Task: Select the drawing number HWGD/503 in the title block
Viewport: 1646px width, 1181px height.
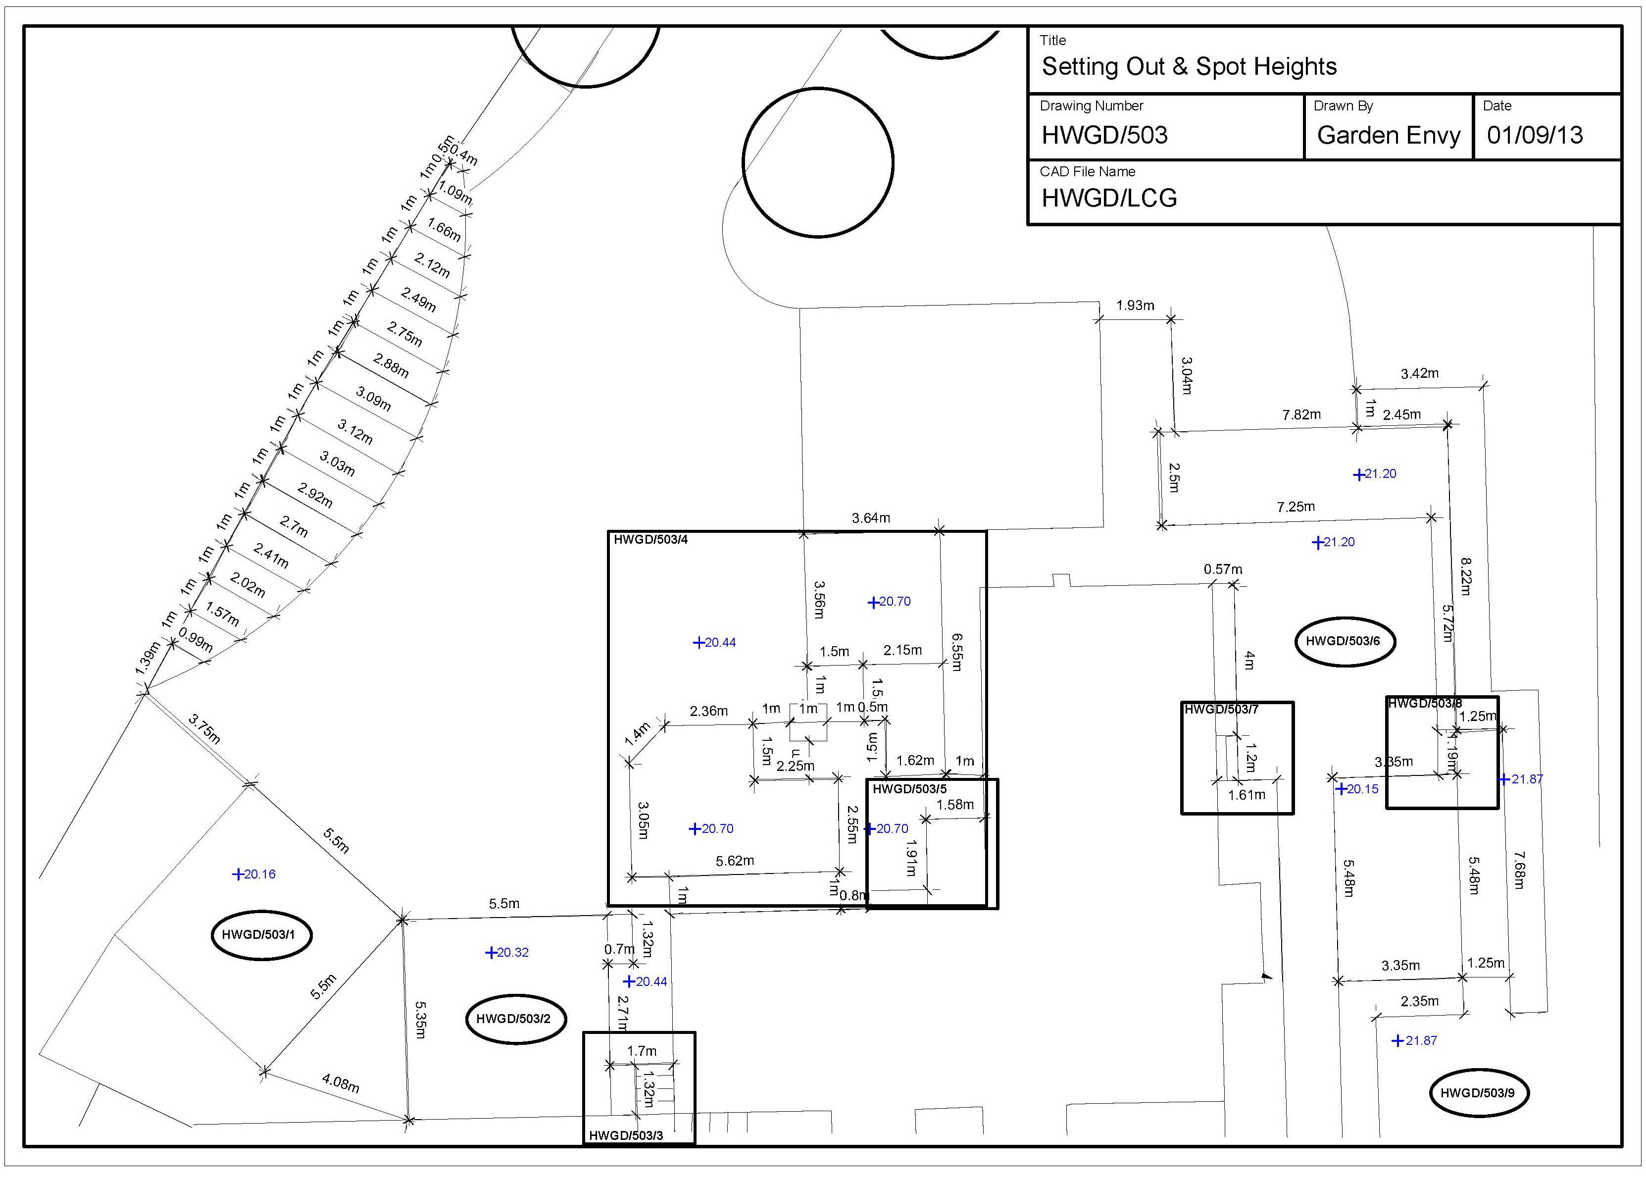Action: point(1104,135)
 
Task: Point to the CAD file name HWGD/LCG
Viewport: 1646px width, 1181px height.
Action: point(1109,198)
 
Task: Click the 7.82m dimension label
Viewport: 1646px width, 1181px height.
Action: point(1301,414)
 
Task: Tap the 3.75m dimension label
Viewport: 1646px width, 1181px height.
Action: point(204,729)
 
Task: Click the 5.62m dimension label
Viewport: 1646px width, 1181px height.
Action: point(735,861)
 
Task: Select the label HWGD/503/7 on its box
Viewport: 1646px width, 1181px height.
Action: point(1221,709)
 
